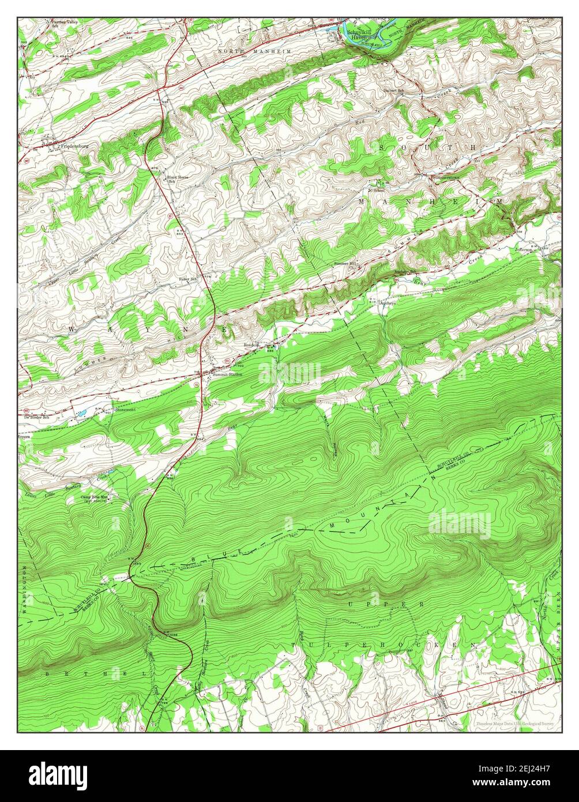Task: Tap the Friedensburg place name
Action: [x=74, y=147]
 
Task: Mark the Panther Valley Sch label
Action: [x=63, y=24]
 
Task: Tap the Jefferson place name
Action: [x=524, y=250]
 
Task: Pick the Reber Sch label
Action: [x=187, y=279]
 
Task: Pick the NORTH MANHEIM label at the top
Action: [x=255, y=52]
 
